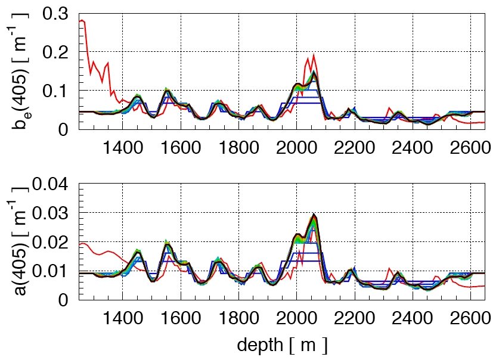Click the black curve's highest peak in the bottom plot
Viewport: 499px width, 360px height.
tap(314, 214)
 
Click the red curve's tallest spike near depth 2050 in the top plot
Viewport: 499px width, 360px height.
tap(314, 55)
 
